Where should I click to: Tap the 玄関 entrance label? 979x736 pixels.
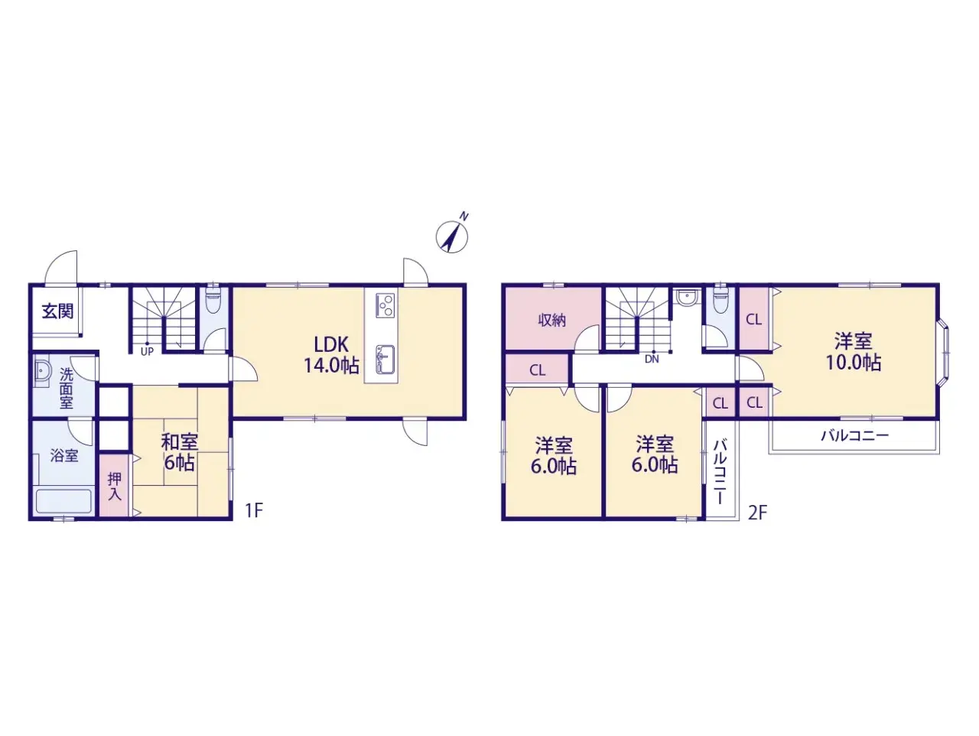pyautogui.click(x=57, y=311)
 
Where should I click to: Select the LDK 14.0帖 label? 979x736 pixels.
pyautogui.click(x=331, y=355)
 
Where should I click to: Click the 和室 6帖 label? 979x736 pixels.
pyautogui.click(x=179, y=452)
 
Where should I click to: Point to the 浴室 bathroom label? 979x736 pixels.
pyautogui.click(x=64, y=455)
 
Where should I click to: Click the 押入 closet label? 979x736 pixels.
pyautogui.click(x=115, y=487)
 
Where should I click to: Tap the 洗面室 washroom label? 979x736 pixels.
pyautogui.click(x=66, y=388)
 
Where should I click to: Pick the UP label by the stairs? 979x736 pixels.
pyautogui.click(x=147, y=351)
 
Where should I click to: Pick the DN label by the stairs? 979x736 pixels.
pyautogui.click(x=652, y=359)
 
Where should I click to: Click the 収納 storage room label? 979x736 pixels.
pyautogui.click(x=551, y=320)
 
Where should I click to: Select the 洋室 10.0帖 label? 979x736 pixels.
pyautogui.click(x=854, y=352)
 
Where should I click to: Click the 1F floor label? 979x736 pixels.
pyautogui.click(x=254, y=511)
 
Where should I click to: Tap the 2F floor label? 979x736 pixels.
pyautogui.click(x=757, y=513)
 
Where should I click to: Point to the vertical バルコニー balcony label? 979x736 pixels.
pyautogui.click(x=720, y=472)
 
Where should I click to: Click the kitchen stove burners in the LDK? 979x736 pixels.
pyautogui.click(x=385, y=305)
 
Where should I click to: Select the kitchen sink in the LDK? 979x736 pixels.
pyautogui.click(x=385, y=359)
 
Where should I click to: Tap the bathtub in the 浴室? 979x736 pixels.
pyautogui.click(x=63, y=502)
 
